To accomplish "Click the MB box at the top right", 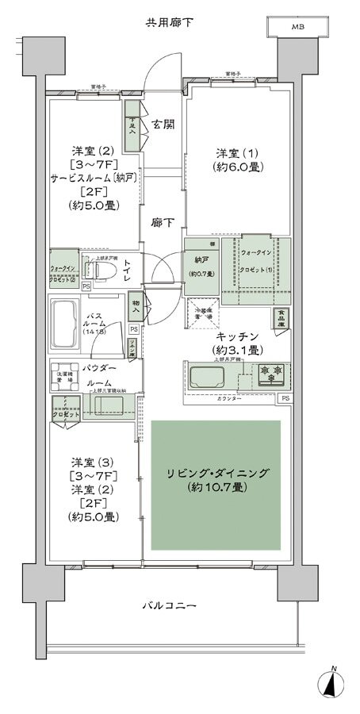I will (x=297, y=27).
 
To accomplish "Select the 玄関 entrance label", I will (x=163, y=124).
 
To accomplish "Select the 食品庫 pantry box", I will (x=281, y=317).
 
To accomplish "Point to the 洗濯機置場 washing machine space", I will (x=64, y=377).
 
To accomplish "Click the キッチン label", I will (x=237, y=336).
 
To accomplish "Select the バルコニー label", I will (x=168, y=605).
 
